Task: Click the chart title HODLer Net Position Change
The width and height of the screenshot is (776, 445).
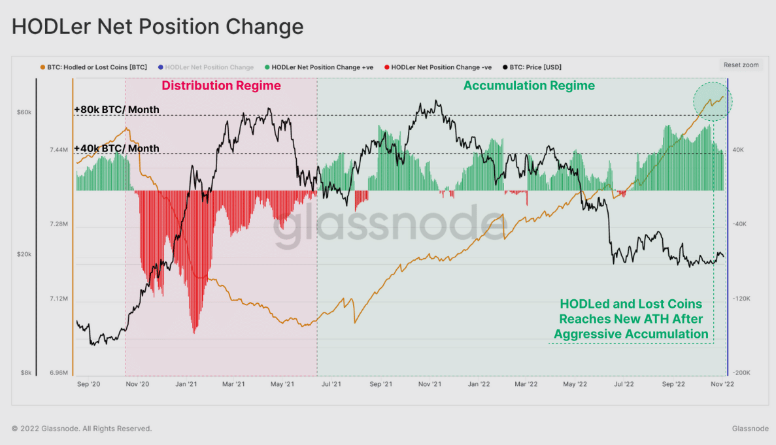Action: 158,27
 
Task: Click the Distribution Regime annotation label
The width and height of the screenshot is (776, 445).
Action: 221,86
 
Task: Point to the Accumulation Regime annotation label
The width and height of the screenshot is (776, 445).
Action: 529,86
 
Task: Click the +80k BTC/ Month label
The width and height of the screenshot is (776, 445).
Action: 116,109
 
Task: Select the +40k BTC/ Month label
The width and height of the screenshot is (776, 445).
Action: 116,148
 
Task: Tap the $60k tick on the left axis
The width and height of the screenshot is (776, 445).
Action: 24,112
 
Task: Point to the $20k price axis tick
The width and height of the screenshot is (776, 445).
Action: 24,254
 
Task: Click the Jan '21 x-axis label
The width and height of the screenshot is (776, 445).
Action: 186,385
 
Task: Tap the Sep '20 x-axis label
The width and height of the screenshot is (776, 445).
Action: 88,385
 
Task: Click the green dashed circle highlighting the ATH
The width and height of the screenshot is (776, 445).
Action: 713,101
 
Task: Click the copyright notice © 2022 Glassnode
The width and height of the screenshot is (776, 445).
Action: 82,429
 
